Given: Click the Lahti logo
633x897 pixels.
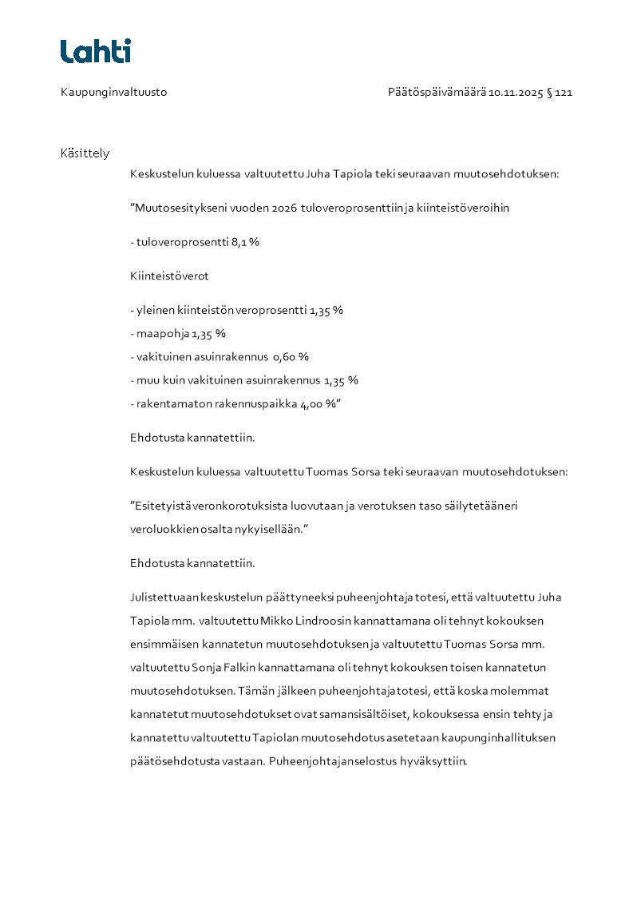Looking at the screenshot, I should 96,51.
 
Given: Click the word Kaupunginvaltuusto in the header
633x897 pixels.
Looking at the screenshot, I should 113,93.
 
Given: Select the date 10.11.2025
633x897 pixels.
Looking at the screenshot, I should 516,93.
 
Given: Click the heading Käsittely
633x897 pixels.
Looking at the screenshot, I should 85,153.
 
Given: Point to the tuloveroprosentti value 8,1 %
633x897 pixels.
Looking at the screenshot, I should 245,242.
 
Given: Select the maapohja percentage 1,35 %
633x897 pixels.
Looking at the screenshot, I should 208,334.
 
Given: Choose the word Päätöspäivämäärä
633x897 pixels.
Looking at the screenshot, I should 437,93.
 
